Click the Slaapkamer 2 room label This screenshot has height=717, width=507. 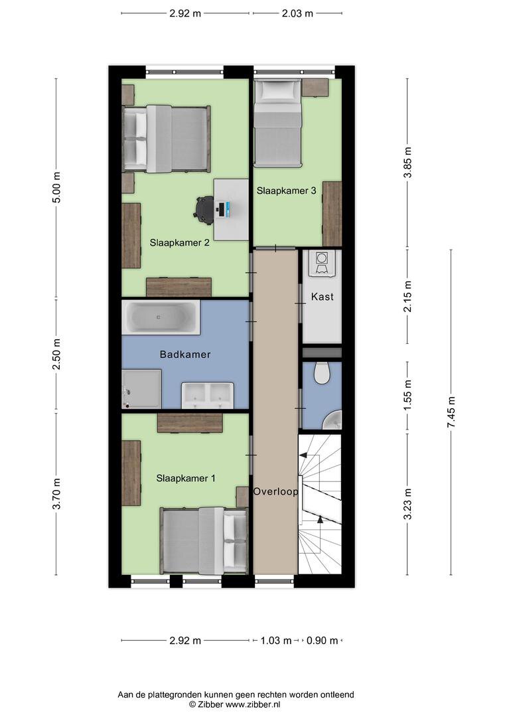179,243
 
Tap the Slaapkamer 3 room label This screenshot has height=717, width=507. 286,191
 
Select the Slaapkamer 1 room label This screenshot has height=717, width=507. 186,478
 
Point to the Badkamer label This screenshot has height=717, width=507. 185,355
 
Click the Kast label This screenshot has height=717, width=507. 323,297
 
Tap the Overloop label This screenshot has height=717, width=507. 275,491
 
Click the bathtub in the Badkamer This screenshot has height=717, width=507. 161,317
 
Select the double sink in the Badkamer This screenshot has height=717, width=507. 208,396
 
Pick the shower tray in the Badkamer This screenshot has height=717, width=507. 141,388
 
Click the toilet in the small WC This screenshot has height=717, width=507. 322,372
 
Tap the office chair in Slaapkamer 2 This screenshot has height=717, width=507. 204,209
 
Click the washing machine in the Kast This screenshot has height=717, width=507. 323,264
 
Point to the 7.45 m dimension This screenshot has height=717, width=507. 451,412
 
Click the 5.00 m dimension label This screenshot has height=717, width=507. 56,188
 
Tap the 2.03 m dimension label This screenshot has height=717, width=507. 297,13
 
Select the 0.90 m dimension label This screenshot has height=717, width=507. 322,641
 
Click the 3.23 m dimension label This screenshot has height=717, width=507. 408,504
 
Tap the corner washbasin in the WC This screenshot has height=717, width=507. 333,420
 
